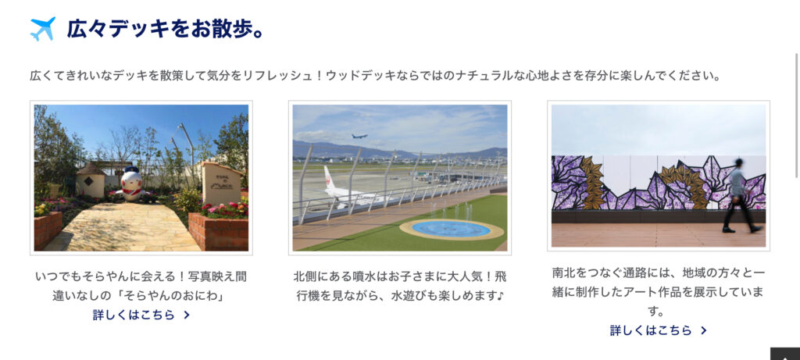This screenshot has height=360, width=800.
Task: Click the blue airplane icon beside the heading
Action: (x=43, y=29)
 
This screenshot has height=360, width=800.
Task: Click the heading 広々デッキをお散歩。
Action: (x=166, y=29)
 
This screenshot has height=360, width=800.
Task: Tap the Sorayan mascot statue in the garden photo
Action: (x=131, y=184)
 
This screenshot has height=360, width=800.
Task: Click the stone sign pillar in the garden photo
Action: (x=221, y=184)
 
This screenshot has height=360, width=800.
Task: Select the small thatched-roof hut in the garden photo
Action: (x=91, y=180)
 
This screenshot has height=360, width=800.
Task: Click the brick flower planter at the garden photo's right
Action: (x=219, y=231)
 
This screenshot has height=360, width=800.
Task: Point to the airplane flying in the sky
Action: (x=359, y=136)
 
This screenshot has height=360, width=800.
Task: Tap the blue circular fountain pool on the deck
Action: (x=451, y=229)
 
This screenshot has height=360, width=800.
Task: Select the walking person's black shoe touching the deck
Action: (x=729, y=230)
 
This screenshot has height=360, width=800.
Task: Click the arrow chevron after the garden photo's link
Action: (x=187, y=315)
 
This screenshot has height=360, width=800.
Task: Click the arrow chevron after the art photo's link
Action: (x=704, y=330)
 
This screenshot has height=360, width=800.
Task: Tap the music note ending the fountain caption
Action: (x=500, y=296)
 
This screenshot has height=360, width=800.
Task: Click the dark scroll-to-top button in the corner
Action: (x=785, y=354)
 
